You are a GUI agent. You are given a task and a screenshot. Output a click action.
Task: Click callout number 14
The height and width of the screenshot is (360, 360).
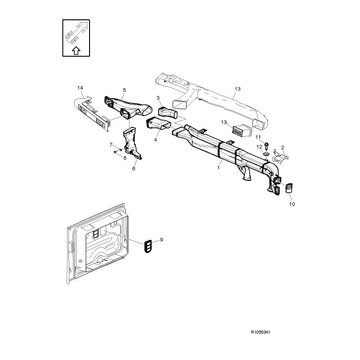pos(80,88)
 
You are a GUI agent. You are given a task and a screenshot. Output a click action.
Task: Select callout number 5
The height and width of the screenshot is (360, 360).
pos(125,90)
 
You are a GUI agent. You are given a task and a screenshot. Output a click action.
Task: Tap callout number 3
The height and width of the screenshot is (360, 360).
pos(158,98)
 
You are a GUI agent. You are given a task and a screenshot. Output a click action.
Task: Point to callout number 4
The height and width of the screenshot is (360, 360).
pos(156,139)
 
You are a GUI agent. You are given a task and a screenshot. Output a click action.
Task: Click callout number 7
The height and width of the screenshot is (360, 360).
pos(111,144)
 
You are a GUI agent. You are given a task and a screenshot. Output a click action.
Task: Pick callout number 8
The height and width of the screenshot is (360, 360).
pos(125,158)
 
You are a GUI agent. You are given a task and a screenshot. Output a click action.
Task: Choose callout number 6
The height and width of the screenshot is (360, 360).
pos(134,168)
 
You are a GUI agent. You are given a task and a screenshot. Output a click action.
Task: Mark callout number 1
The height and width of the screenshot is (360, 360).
pos(218,168)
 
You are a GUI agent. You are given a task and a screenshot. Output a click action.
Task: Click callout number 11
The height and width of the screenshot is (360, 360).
pos(258,137)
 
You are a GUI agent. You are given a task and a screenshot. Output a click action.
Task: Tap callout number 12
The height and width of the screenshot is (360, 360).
pos(259,147)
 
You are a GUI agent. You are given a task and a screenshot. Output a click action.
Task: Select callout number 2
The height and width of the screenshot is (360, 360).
pos(283,148)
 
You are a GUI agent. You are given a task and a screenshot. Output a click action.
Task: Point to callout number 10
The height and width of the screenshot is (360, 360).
pos(292,204)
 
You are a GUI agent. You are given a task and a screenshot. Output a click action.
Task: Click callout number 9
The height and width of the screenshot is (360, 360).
pos(162,240)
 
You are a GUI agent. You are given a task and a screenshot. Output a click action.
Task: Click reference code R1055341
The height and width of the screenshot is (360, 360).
pos(261,332)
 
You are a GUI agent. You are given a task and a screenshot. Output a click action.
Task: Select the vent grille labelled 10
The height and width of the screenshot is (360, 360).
pos(288,188)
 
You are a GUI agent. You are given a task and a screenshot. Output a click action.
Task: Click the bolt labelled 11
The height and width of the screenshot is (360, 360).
pos(266,146)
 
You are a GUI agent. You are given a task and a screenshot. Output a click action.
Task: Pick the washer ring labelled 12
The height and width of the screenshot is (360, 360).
pos(266,154)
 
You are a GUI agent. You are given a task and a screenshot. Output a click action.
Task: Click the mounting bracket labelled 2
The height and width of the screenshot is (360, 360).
pos(280,156)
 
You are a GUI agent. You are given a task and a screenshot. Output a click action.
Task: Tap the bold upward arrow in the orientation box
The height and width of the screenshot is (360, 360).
pos(76,50)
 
